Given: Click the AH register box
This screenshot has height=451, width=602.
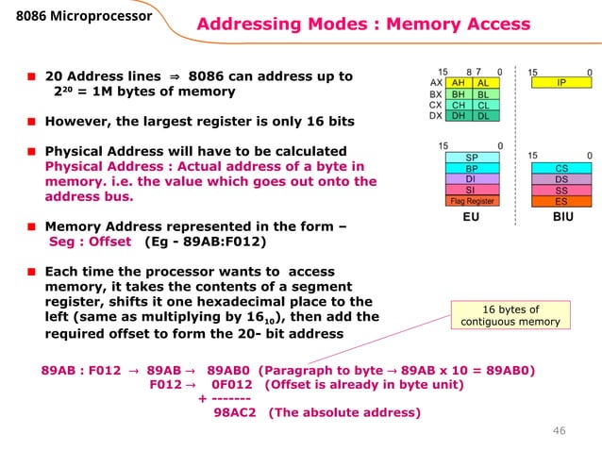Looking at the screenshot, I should coord(459,83).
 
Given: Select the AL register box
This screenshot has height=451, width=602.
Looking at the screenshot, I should coord(482,83).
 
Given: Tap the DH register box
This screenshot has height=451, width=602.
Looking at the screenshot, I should coord(459,117).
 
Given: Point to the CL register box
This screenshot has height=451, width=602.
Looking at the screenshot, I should coord(482,106).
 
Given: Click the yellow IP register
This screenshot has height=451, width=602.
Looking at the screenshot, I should coord(560,83).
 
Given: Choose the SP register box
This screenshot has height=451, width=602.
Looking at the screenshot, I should coord(471,157).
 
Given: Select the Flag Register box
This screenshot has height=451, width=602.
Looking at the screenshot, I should coord(471,201).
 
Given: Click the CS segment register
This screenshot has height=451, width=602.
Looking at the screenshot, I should coord(560,168).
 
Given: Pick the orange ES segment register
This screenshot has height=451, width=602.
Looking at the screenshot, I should coord(560,201).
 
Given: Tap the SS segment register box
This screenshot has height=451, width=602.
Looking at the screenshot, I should coord(560,190).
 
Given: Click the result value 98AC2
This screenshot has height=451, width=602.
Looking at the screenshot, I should coord(235,411).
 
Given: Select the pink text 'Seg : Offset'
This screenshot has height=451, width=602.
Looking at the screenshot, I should coord(90,241).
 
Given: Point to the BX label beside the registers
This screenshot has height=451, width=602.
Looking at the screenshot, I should coord(435,94).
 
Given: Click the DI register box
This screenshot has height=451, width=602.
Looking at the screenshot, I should coord(471,178).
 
